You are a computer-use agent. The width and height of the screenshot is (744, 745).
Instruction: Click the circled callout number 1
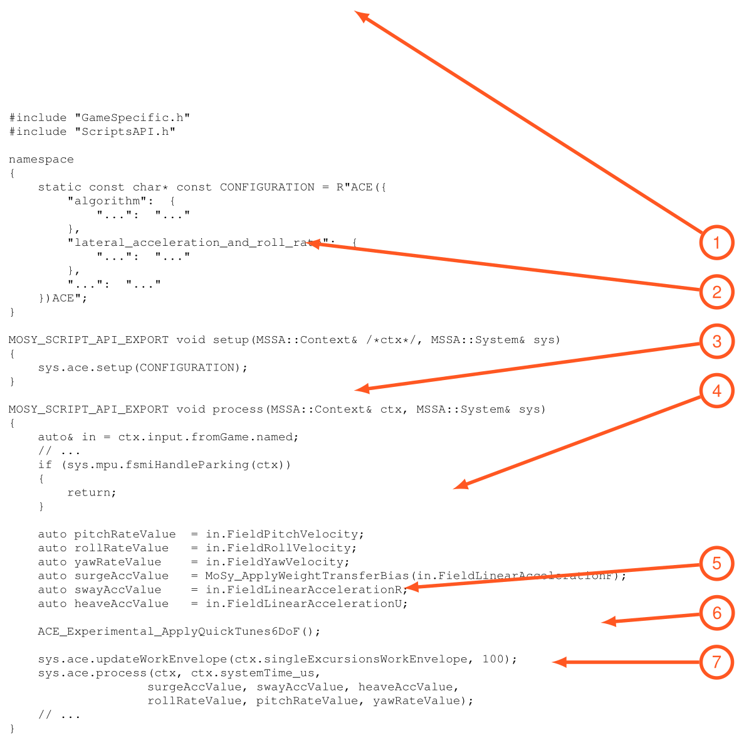pos(716,243)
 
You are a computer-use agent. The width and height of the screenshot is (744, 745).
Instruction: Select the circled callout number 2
pos(716,292)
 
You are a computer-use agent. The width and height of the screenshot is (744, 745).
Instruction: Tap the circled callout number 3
pos(716,341)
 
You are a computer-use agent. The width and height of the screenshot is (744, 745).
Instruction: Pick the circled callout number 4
pos(716,391)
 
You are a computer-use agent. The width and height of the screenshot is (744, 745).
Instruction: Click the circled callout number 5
pos(716,563)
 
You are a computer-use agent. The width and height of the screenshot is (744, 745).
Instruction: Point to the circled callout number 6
pos(716,613)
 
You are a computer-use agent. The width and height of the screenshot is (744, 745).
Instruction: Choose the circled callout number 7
pos(716,662)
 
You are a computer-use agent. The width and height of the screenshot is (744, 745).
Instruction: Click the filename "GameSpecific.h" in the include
pos(132,118)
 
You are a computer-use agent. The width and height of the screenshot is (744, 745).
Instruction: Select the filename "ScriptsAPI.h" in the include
pos(125,132)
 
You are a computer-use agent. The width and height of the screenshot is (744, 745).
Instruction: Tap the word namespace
pos(41,160)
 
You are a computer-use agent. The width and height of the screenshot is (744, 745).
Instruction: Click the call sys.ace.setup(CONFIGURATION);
pos(143,367)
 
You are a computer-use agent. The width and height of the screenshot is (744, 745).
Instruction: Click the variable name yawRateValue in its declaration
pos(118,562)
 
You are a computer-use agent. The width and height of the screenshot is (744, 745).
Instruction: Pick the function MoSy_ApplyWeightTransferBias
pos(307,576)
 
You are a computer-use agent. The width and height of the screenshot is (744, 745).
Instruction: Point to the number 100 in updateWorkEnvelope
pos(493,659)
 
